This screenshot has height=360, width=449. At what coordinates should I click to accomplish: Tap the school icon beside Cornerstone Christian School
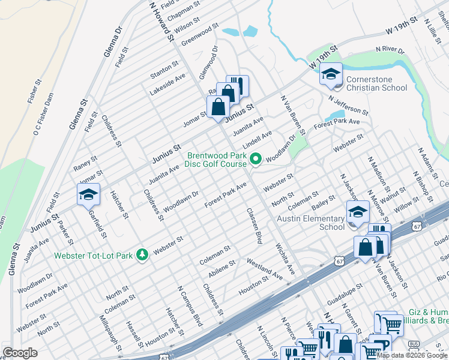tap(330, 74)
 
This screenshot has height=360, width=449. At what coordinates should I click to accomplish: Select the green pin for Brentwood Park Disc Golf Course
tap(256, 160)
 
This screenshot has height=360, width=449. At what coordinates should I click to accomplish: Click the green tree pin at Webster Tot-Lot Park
tap(142, 256)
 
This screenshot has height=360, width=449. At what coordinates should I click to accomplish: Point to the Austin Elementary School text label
tap(310, 223)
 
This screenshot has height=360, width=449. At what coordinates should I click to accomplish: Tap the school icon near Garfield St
tap(88, 195)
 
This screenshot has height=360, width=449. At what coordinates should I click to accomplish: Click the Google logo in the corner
tap(20, 353)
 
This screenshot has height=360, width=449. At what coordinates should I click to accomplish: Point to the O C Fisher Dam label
tap(44, 114)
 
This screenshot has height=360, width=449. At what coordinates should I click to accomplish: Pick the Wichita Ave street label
tap(284, 258)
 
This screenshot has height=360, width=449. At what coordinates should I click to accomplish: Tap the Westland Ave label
tap(265, 267)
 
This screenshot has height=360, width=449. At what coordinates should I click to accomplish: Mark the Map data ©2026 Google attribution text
tap(412, 355)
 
